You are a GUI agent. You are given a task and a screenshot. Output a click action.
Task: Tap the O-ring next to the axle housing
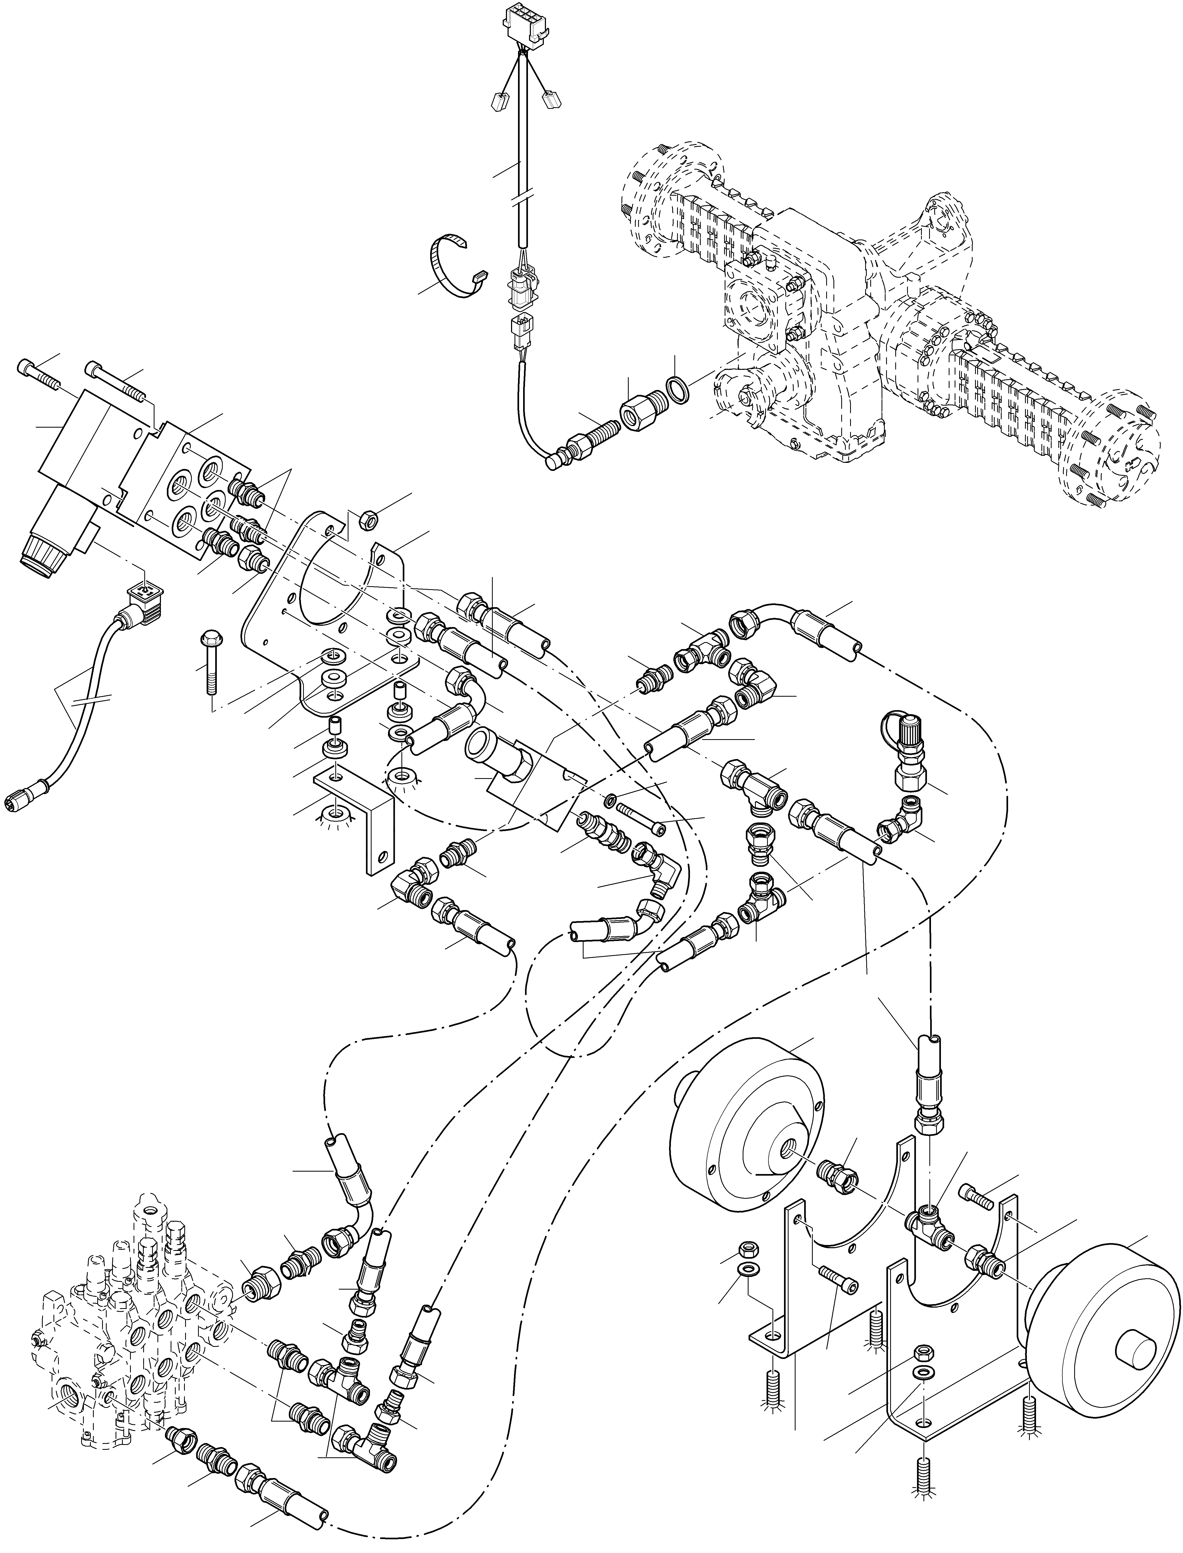(x=675, y=389)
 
